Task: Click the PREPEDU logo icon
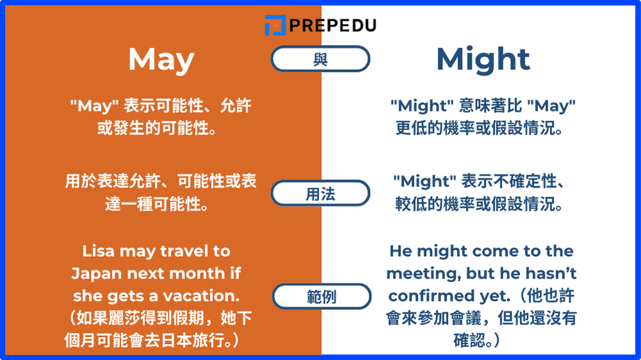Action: (x=274, y=25)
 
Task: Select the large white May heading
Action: (x=161, y=60)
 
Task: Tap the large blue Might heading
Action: (x=483, y=60)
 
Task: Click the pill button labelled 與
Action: (x=320, y=60)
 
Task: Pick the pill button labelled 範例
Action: (x=320, y=297)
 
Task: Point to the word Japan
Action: (x=96, y=274)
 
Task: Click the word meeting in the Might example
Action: (x=418, y=274)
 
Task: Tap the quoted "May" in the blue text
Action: (x=551, y=106)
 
